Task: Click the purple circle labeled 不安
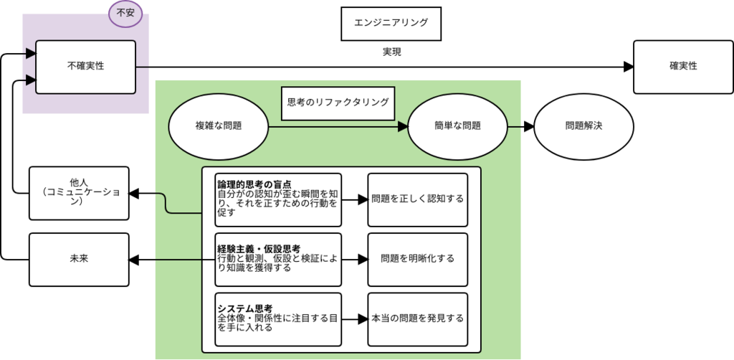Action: click(125, 12)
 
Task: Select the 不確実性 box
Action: click(85, 66)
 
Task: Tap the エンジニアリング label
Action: click(391, 23)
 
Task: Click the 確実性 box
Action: click(683, 67)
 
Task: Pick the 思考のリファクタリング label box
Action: click(338, 103)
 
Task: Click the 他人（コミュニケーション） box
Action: click(79, 193)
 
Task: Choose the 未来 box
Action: click(79, 259)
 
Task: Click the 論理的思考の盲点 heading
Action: click(254, 184)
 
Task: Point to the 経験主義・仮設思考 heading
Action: click(259, 248)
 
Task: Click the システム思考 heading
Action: click(244, 308)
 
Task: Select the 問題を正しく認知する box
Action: click(418, 199)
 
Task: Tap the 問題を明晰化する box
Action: click(418, 259)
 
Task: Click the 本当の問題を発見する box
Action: click(418, 318)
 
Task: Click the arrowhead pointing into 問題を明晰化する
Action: click(363, 259)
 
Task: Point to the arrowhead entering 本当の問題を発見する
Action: click(363, 318)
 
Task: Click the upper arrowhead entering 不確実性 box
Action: click(31, 53)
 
